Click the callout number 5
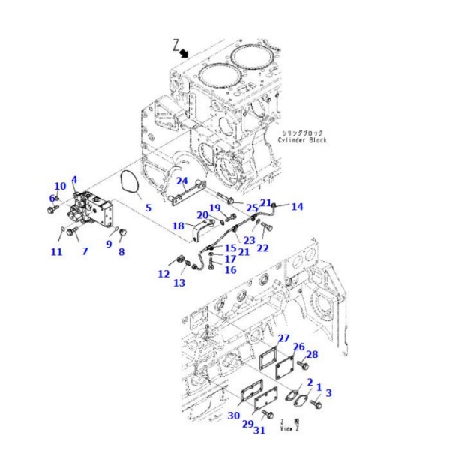click(148, 208)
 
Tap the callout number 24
click(181, 181)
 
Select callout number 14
click(297, 206)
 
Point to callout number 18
click(178, 226)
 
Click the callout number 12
click(163, 274)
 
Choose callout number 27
click(283, 338)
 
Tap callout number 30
click(234, 416)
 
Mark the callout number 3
click(328, 392)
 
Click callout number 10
click(60, 187)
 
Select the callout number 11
click(56, 252)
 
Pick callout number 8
click(121, 252)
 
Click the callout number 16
click(230, 270)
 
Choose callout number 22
click(262, 248)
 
